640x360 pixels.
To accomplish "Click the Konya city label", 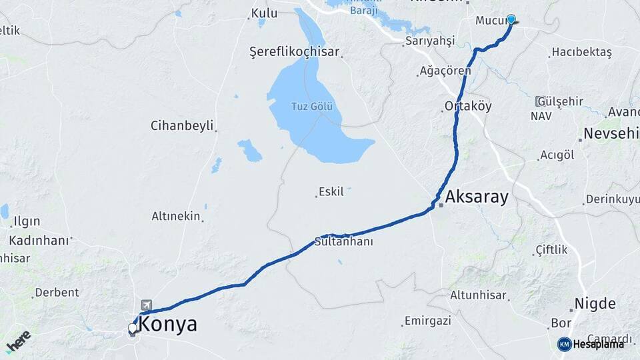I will click(x=168, y=325).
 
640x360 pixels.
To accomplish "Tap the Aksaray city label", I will click(x=477, y=197).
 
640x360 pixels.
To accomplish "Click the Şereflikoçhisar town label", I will click(x=294, y=52).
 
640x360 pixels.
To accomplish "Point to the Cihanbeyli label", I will click(x=181, y=125).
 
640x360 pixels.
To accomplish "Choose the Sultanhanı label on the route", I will click(x=344, y=242).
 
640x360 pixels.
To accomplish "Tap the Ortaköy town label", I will click(x=468, y=107).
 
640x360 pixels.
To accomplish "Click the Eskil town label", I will click(x=331, y=192).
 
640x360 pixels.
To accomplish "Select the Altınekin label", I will click(x=176, y=216).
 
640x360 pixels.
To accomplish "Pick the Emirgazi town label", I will click(x=428, y=321).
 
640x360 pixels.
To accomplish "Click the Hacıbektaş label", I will click(x=581, y=53).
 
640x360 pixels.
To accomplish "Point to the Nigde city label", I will click(x=595, y=304).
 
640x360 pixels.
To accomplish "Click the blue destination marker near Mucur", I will click(x=511, y=19).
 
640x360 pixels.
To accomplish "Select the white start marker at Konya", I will click(x=133, y=328).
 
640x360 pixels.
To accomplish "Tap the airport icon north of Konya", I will click(x=146, y=305).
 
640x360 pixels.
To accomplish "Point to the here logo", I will click(x=19, y=341).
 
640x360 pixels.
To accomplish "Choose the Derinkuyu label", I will click(x=612, y=199).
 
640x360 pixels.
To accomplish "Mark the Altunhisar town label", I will click(x=480, y=295).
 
